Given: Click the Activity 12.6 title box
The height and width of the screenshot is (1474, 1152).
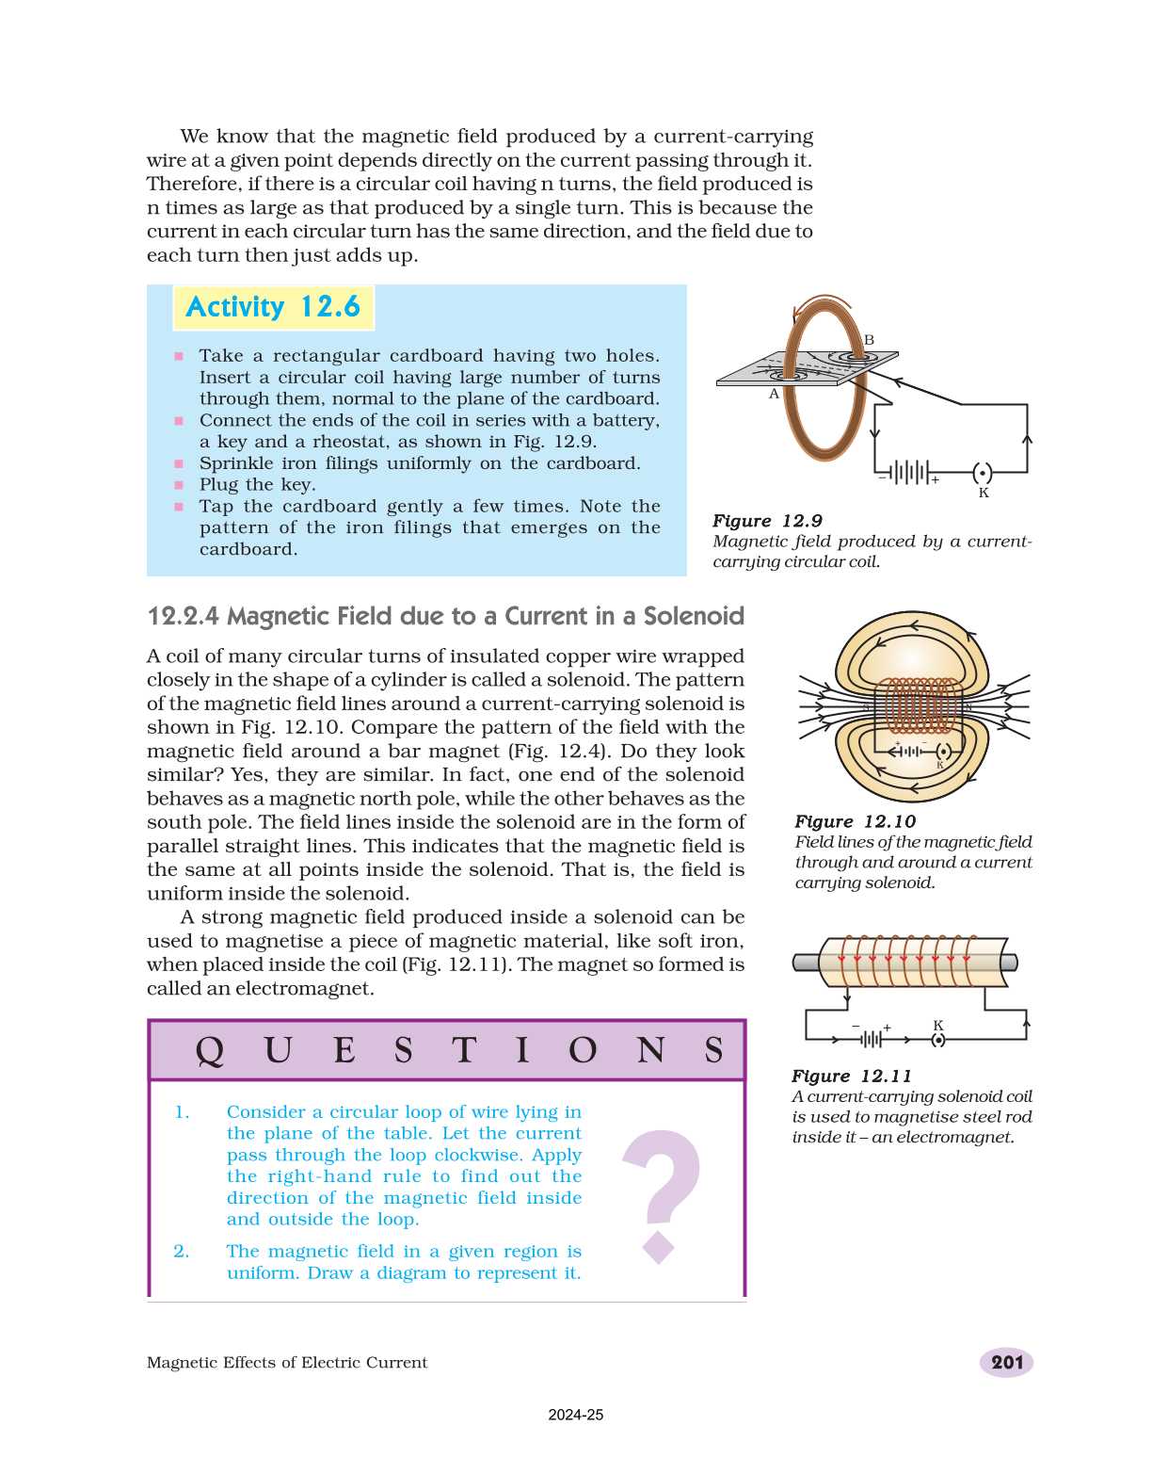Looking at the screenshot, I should coord(273,307).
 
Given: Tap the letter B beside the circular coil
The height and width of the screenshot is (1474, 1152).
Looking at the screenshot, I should coord(869,340).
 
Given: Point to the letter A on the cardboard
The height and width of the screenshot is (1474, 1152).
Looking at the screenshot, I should coord(775,394).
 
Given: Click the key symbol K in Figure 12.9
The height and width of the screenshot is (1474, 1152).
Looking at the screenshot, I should coord(982,474).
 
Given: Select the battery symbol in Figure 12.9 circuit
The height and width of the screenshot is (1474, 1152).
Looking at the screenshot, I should coord(909,472).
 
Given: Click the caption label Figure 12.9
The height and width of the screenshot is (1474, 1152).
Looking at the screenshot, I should coord(767,521).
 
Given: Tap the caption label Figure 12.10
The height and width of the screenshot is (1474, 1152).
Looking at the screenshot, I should coord(855,821).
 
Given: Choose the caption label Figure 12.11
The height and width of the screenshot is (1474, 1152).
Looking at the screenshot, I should coord(851,1076).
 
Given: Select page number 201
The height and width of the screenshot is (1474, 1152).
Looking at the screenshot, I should coord(1006,1362).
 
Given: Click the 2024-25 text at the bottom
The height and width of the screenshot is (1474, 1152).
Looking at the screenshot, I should coord(576,1415).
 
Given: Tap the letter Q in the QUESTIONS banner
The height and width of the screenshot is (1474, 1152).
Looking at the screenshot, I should coord(209,1050).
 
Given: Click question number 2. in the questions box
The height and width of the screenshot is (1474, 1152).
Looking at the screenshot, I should coord(181,1251).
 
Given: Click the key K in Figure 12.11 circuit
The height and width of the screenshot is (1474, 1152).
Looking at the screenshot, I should coord(937,1040).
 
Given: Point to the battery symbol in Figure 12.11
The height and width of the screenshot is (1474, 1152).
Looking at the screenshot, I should coord(872,1040).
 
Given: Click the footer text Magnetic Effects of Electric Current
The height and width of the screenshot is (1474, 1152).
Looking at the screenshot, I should coord(287,1362).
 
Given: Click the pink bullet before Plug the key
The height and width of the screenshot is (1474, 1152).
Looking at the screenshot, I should coord(178,485).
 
